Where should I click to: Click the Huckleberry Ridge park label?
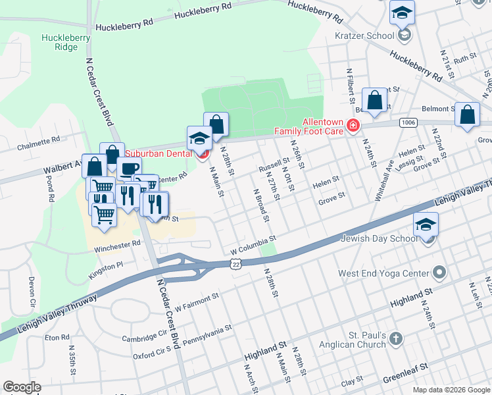(x=65, y=43)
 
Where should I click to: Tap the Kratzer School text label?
(x=364, y=36)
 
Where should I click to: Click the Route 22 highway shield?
(x=235, y=263)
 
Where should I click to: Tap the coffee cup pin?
(x=129, y=169)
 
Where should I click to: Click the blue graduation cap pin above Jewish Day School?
(x=426, y=225)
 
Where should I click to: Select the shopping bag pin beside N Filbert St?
(x=374, y=101)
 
